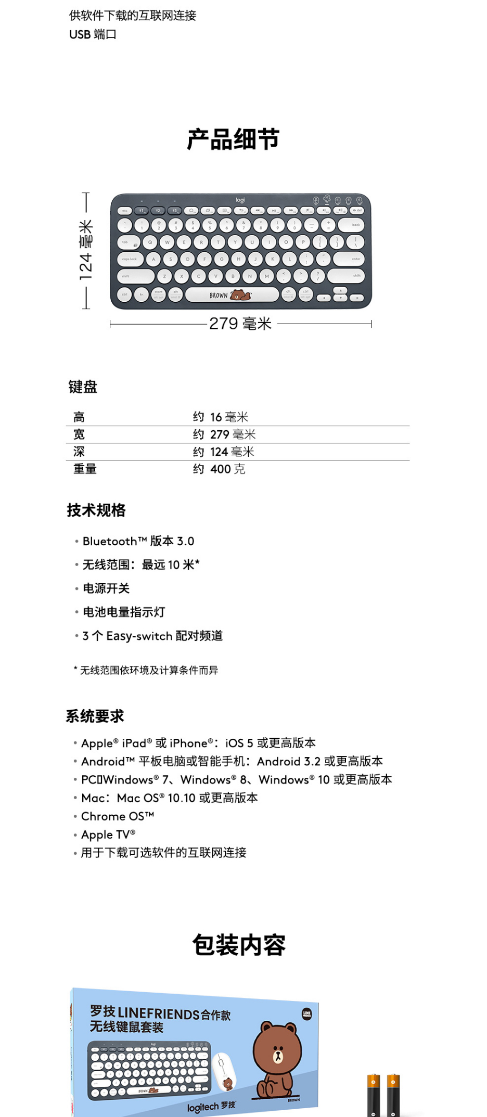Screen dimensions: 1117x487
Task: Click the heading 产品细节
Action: tap(233, 139)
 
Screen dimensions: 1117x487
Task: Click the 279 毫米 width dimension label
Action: tap(240, 324)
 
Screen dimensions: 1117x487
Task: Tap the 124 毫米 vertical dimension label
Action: tap(86, 250)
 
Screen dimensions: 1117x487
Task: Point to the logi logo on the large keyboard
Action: tap(240, 200)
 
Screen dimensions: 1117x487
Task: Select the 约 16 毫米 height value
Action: tap(221, 417)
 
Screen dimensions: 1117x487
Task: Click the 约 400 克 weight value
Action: tap(219, 469)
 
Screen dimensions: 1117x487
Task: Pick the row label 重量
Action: tap(85, 469)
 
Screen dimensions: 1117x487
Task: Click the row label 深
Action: tap(79, 452)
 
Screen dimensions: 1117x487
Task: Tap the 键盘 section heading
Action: tap(83, 387)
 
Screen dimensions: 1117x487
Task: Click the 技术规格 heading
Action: tap(96, 510)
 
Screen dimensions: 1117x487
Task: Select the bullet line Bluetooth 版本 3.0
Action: tap(138, 541)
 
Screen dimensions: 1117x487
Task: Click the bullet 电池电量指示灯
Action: tap(124, 612)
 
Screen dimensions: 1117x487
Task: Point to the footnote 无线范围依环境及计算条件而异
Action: tap(148, 670)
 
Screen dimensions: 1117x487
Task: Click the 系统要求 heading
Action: tap(95, 716)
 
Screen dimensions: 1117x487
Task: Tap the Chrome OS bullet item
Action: tap(118, 816)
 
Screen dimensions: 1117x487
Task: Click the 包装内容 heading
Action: tap(239, 945)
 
